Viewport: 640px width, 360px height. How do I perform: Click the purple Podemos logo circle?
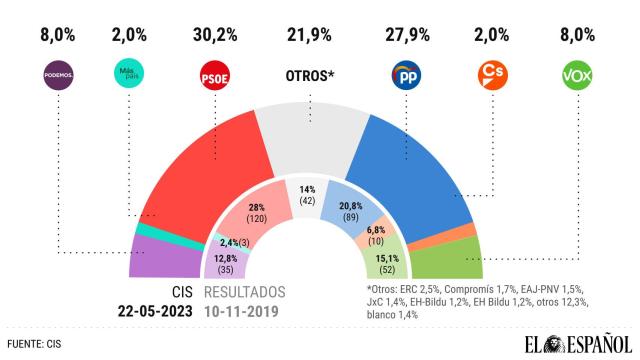(x=60, y=75)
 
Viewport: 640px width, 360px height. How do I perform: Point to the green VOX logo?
(x=578, y=75)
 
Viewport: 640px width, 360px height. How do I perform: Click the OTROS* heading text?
(x=311, y=76)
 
